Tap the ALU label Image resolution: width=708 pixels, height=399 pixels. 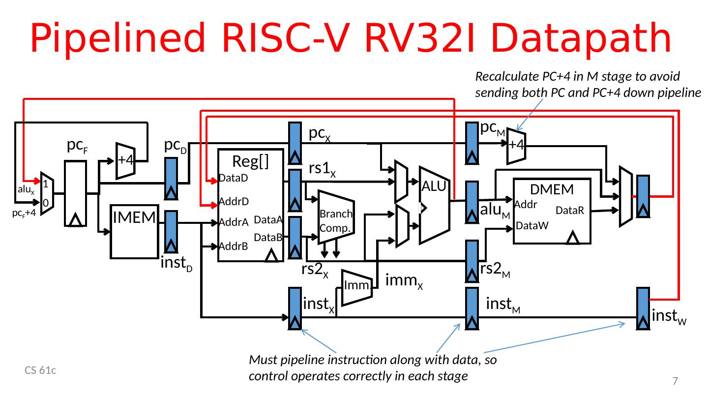tap(433, 186)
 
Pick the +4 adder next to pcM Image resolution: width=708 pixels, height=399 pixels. tap(516, 144)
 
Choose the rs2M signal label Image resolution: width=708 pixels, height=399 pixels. tap(495, 270)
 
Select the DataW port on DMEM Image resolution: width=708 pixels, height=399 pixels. tap(531, 226)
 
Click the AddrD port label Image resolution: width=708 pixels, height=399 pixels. tap(234, 202)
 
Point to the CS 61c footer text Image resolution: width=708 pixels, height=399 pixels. tap(40, 370)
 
